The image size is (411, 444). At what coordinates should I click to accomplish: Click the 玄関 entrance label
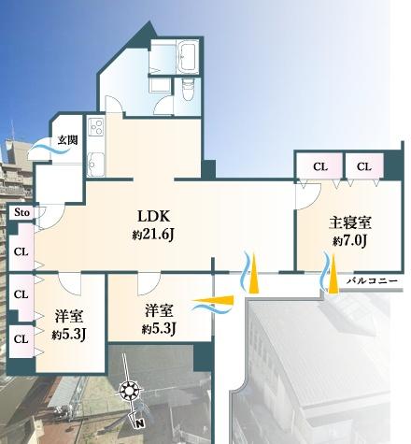pos(67,140)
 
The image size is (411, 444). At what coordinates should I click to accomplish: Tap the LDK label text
pos(154,216)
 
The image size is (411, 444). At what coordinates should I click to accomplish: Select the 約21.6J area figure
pos(152,235)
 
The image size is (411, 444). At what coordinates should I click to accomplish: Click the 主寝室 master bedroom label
pos(350,222)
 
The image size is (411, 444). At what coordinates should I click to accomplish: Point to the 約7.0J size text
pos(349,241)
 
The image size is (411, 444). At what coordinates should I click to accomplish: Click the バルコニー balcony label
pos(373,281)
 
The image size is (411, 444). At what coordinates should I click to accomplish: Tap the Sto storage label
pos(22,213)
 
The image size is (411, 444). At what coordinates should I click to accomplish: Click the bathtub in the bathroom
pos(188,57)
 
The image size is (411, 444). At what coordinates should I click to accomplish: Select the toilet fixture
pos(188,89)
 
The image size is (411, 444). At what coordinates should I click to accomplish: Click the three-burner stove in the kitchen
pos(95,127)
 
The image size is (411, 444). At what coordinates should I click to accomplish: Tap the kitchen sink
pos(95,165)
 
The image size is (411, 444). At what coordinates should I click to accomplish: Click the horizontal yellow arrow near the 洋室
pos(213,301)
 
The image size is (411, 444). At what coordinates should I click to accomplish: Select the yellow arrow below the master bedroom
pos(333,274)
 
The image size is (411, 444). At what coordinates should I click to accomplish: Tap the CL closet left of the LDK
pos(21,251)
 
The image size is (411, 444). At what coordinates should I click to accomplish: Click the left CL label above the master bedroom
pos(320,167)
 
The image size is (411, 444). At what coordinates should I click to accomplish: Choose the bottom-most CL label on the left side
pos(21,339)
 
